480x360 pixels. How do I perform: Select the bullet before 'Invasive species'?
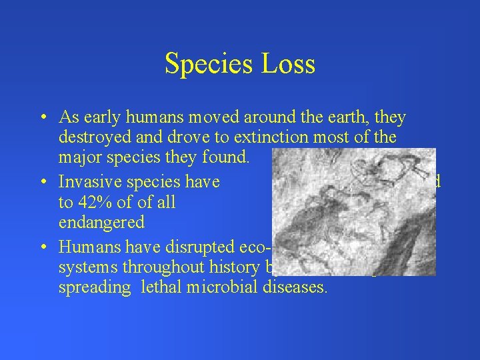point(42,182)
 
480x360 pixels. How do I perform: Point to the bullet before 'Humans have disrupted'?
point(42,246)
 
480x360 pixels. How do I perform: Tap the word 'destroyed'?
point(88,139)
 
